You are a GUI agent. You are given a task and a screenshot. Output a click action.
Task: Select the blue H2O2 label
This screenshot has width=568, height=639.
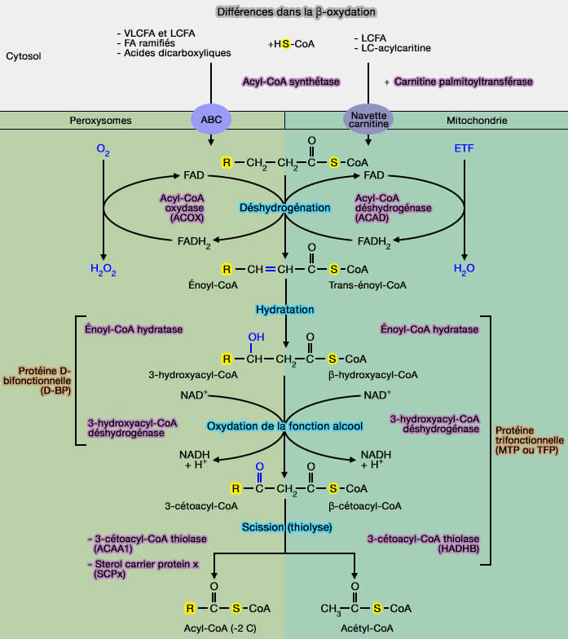point(103,268)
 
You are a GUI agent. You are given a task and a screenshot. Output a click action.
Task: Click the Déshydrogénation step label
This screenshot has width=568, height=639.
point(284,208)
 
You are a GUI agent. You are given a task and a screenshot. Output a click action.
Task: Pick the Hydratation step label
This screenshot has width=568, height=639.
point(284,310)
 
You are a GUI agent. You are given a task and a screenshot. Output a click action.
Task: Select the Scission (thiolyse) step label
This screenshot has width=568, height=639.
point(284,527)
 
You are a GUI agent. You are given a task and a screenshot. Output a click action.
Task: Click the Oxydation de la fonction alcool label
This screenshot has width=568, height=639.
point(284,425)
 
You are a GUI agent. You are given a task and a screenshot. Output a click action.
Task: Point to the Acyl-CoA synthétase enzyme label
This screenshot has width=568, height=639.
point(291,82)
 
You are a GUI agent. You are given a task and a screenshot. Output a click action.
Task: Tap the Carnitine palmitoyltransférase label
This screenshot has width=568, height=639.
point(463,82)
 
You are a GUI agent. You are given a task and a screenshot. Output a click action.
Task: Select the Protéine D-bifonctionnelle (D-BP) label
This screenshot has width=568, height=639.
point(40,381)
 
